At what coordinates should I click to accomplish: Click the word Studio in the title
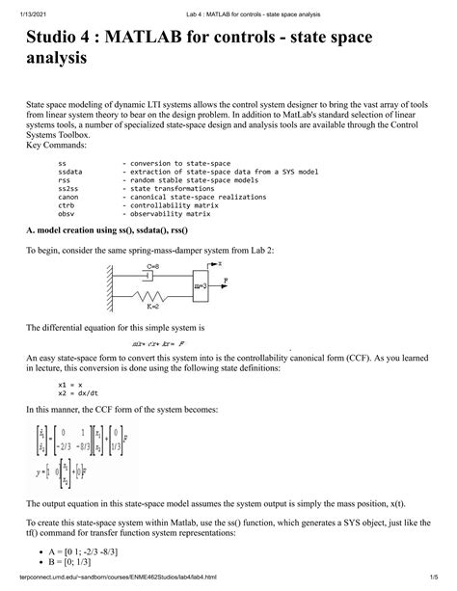coord(59,44)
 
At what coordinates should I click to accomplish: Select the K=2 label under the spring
coord(153,308)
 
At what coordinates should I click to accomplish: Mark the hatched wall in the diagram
coord(114,286)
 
